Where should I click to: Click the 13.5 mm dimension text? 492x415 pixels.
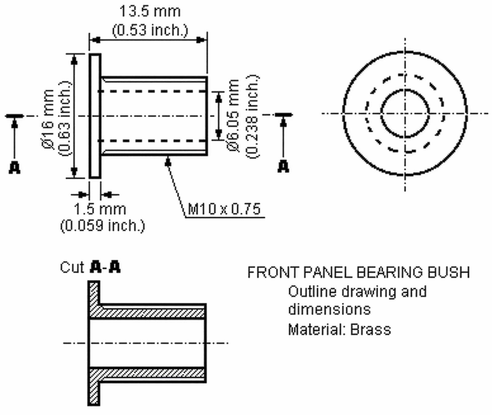(150, 11)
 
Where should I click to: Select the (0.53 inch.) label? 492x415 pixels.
(150, 30)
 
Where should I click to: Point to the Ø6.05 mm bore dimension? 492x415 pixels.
(233, 115)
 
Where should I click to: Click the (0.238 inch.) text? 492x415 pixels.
(252, 116)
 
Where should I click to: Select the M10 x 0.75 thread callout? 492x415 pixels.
(224, 209)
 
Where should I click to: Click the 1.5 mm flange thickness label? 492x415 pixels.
(100, 209)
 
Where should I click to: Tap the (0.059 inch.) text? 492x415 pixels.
(102, 226)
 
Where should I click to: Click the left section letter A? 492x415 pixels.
(14, 168)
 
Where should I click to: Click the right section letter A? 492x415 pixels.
(283, 167)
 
